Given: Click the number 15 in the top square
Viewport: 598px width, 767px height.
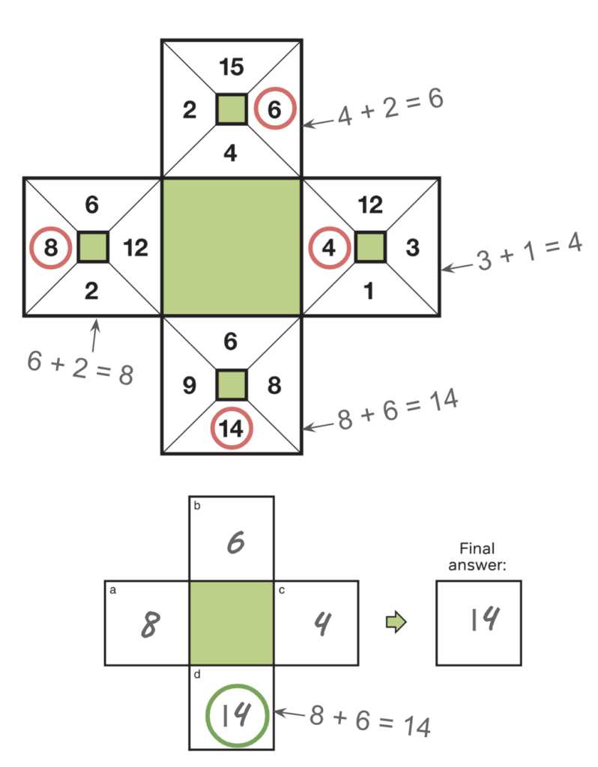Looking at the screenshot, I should [x=232, y=68].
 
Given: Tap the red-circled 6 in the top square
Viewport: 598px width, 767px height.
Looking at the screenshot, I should [x=274, y=110].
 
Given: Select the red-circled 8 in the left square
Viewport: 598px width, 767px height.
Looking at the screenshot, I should [x=51, y=247].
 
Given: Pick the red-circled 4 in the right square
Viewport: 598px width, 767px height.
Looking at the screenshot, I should [x=329, y=247].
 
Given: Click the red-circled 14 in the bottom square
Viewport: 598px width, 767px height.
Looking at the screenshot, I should [x=232, y=429].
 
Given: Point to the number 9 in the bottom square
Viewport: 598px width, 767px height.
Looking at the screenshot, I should [x=189, y=386].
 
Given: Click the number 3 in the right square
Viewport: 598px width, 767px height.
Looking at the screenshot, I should [x=412, y=247].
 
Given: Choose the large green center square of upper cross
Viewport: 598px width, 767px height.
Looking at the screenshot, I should [x=232, y=246].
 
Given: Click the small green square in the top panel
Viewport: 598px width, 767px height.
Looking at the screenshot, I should [x=232, y=109].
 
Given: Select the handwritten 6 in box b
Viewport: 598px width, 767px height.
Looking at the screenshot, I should [x=234, y=542].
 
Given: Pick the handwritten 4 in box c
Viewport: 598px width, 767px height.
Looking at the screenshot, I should [x=321, y=623].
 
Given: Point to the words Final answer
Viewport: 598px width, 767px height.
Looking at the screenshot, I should [x=478, y=557].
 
